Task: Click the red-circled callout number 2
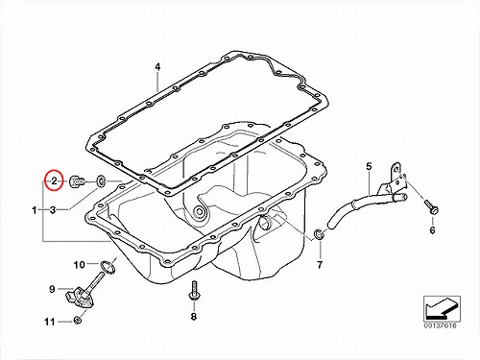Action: pos(54,181)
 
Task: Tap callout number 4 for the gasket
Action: pos(157,67)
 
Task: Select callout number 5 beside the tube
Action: pos(369,166)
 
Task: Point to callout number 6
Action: pos(432,230)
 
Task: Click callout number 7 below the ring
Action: pos(320,265)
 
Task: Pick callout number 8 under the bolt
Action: pos(194,317)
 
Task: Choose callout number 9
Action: pos(52,289)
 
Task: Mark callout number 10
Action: pos(80,265)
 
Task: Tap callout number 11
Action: pos(50,322)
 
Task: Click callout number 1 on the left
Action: pos(35,210)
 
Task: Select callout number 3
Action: pos(53,210)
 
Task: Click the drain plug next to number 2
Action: pos(78,182)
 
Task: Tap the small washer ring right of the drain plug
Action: pos(101,181)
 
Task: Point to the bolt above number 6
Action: pos(431,207)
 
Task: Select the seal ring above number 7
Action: pos(319,234)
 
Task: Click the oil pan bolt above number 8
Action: pos(193,291)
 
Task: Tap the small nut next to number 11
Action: pos(77,320)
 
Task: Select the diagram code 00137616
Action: pos(441,325)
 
